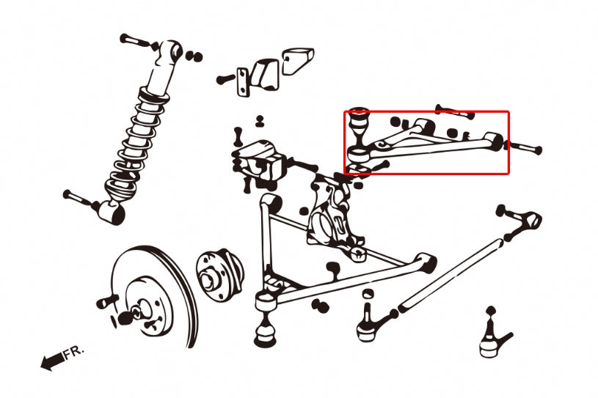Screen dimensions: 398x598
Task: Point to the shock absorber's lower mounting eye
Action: (x=114, y=212)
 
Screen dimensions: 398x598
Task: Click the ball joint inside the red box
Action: (x=360, y=121)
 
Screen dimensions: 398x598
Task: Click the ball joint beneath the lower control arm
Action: (x=265, y=330)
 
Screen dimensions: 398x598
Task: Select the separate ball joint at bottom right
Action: (x=492, y=337)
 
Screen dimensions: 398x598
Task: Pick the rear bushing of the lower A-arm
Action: (x=424, y=260)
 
